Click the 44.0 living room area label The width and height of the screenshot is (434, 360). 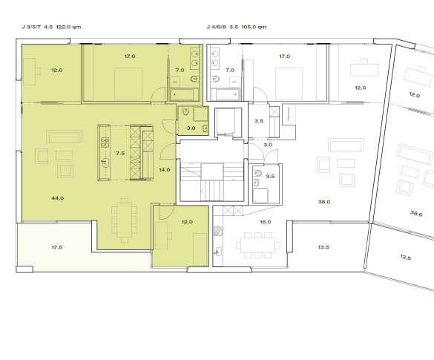point(57,198)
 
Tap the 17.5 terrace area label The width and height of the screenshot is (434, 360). point(57,246)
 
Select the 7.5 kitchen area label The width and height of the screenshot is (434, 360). point(121,153)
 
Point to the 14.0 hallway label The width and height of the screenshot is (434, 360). point(164,170)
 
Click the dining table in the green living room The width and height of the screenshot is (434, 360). point(124,219)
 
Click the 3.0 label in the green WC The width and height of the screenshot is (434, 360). point(191,128)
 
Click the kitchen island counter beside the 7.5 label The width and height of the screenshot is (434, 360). point(105,152)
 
